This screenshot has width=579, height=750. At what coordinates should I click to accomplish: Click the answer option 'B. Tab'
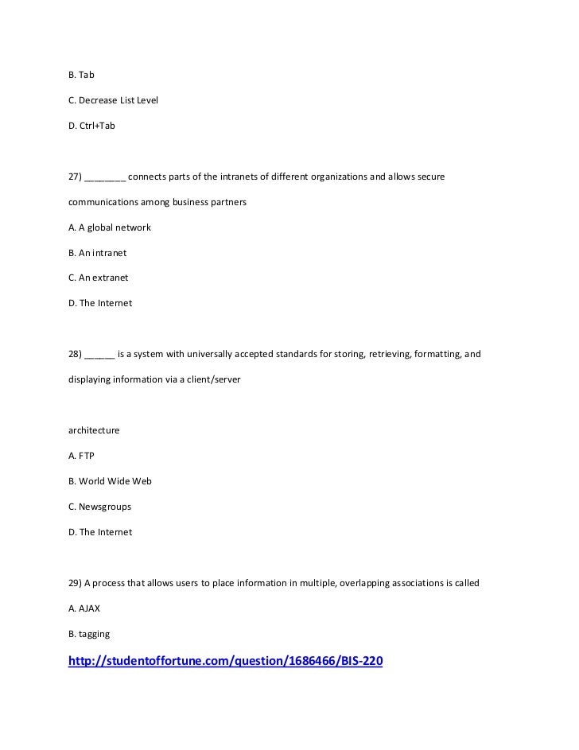coord(81,75)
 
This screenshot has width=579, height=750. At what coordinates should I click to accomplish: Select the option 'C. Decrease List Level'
coord(113,100)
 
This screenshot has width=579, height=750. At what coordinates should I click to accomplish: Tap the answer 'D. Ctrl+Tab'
coord(91,126)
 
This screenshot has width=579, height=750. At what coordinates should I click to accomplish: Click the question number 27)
coord(74,177)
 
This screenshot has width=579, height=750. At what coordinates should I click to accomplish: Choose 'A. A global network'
coord(110,227)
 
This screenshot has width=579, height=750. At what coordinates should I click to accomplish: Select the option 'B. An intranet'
coord(97,253)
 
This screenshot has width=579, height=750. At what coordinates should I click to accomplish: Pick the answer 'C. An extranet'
coord(98,278)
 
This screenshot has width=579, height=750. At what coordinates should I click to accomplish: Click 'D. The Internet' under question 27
coord(100,303)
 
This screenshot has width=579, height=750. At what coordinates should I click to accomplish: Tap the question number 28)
coord(74,354)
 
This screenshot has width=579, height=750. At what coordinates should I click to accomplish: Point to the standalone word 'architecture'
coord(94,430)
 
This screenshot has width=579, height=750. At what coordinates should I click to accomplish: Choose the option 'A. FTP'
coord(81,456)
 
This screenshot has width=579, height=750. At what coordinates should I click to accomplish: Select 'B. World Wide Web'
coord(110,481)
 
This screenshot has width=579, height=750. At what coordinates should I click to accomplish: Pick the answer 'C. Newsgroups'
coord(99,507)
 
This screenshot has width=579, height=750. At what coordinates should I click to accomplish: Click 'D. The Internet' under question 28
coord(100,532)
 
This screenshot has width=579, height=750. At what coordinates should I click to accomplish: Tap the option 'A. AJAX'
coord(84,608)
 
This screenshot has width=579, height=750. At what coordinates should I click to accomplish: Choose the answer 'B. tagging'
coord(89,634)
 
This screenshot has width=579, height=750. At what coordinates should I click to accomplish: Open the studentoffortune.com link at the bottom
coord(226,661)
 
